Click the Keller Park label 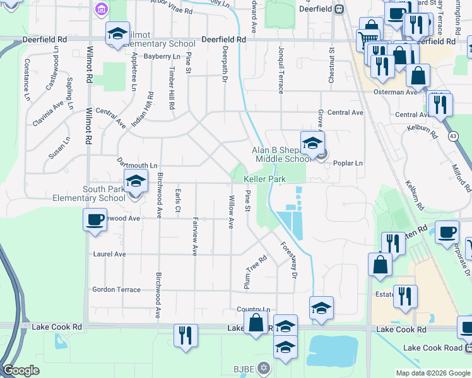point(265,180)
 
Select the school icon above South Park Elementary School point(136,182)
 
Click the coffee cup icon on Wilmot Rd point(95,220)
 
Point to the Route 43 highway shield point(453,135)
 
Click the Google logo point(21,370)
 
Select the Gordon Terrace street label point(116,289)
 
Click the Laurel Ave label point(109,255)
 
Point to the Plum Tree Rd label point(256,272)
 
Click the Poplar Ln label point(348,163)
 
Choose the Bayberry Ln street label point(162,57)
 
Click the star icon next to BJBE point(264,367)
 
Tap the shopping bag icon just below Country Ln point(256,324)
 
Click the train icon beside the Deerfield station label point(339,9)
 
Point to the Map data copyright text point(432,373)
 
